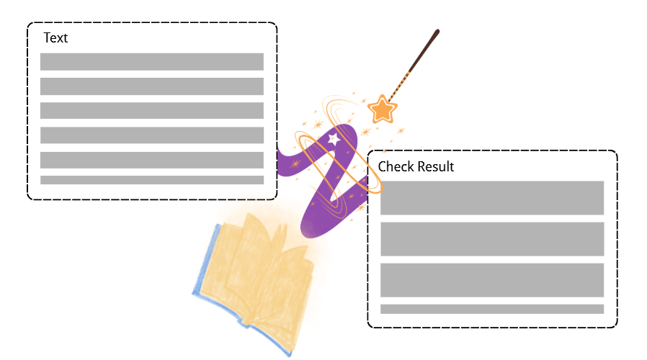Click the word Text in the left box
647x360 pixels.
(55, 38)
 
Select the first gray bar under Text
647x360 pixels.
(151, 62)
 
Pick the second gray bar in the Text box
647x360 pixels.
(151, 86)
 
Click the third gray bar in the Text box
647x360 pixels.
(151, 111)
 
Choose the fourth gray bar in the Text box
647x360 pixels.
(151, 135)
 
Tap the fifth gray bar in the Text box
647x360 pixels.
(151, 160)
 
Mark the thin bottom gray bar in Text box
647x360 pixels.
(151, 180)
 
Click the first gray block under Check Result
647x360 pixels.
(491, 198)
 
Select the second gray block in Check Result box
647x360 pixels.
(491, 239)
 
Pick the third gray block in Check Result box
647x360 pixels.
(491, 280)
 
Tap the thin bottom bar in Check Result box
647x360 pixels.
(491, 309)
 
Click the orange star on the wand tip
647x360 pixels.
(382, 110)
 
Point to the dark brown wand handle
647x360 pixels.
(425, 50)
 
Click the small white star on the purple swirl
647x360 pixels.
(334, 139)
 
